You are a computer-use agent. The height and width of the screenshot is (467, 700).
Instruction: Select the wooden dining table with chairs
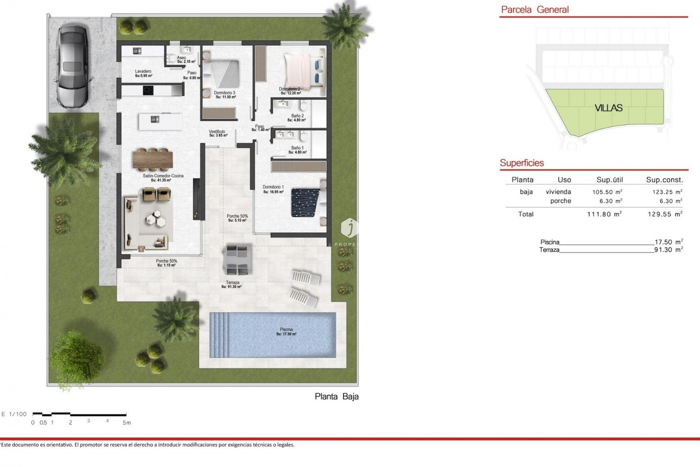click(x=153, y=160)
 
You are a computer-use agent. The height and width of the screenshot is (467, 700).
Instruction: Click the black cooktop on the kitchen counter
click(x=148, y=89)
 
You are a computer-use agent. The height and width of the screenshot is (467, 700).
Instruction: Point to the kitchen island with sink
click(x=160, y=121)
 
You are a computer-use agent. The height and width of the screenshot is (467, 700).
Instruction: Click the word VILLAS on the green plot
click(x=608, y=108)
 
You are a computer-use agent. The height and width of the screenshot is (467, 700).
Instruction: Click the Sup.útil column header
click(x=610, y=180)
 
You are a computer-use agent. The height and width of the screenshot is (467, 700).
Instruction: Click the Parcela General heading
click(x=534, y=10)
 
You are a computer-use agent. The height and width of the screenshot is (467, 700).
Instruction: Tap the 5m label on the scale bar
click(x=127, y=423)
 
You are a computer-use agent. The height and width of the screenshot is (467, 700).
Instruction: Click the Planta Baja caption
click(x=337, y=397)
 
